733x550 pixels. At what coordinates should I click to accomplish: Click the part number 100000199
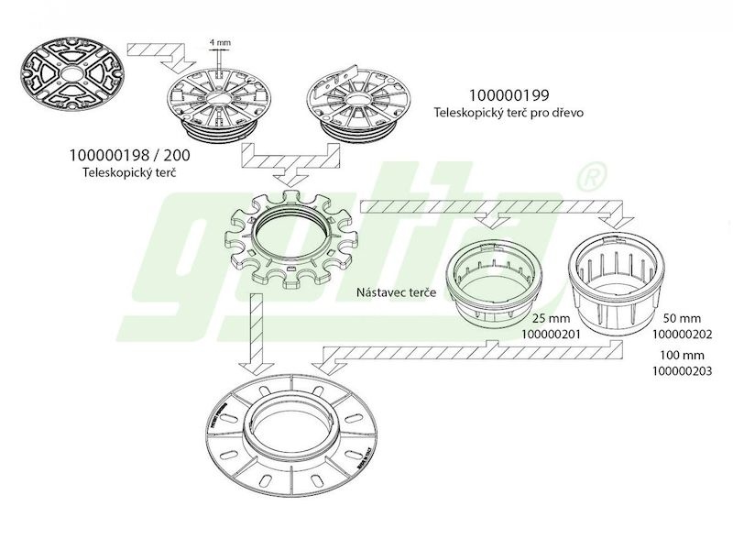click(x=509, y=95)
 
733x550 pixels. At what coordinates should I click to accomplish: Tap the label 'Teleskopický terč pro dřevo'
click(x=509, y=113)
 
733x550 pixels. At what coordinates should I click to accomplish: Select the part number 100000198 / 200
click(x=129, y=154)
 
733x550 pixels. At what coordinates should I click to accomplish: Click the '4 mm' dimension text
click(x=220, y=42)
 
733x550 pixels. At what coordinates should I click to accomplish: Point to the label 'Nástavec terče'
click(x=396, y=292)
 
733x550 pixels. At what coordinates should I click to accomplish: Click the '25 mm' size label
click(x=552, y=318)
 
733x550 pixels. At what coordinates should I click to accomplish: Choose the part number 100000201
click(x=551, y=335)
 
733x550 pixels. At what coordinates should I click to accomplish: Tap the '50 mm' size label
click(x=682, y=318)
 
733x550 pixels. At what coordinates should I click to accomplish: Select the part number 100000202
click(x=682, y=335)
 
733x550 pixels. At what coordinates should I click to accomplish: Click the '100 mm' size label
click(x=682, y=355)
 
